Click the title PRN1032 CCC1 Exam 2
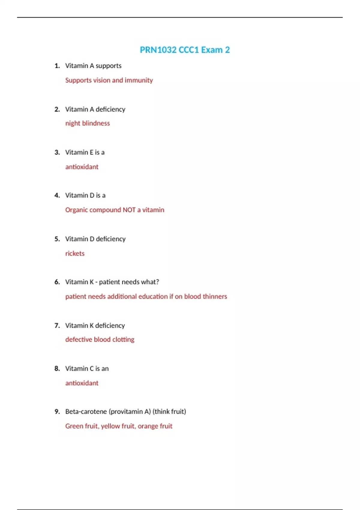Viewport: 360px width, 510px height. tap(184, 50)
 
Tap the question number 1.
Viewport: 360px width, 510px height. tap(57, 66)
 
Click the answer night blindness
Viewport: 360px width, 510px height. tap(87, 123)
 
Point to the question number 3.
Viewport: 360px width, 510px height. tap(57, 152)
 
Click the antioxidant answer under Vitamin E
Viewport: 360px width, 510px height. tap(82, 167)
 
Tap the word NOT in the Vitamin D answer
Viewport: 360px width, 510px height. tap(129, 210)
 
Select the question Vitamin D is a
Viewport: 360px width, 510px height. tap(85, 196)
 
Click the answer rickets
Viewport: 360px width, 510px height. tap(75, 253)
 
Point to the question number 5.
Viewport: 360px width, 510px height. tap(57, 239)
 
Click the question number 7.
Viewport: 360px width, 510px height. tap(57, 325)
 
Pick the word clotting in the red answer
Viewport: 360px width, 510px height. tap(123, 340)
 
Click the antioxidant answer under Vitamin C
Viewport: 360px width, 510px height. tap(82, 383)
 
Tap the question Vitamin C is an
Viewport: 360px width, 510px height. tap(87, 369)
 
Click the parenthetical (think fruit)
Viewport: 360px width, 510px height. tap(169, 412)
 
